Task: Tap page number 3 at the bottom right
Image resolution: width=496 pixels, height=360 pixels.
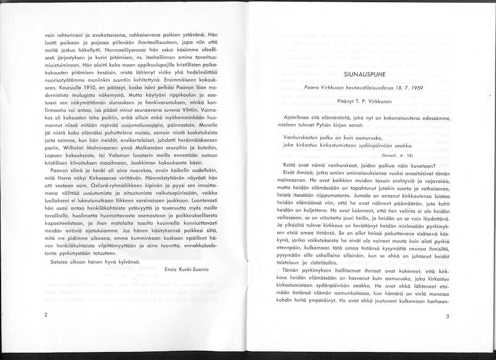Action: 447,316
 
